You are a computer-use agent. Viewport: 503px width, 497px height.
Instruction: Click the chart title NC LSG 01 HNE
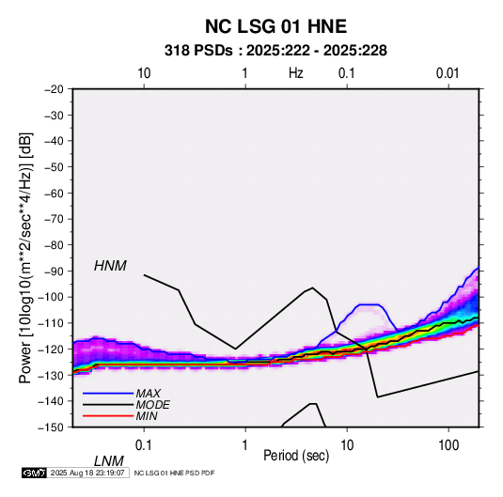275,26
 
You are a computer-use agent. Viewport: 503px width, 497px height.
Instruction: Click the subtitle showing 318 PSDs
275,51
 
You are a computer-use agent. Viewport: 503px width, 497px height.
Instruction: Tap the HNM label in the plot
110,266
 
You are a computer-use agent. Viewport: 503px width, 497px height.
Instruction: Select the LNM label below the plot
109,461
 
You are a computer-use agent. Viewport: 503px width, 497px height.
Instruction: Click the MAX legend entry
148,393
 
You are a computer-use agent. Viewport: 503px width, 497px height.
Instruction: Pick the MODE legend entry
152,405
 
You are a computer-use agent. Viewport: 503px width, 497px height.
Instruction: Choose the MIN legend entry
147,416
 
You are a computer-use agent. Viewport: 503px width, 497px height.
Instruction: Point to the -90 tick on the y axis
55,271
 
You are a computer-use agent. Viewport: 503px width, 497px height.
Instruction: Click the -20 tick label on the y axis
55,89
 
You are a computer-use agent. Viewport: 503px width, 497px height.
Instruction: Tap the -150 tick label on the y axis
51,427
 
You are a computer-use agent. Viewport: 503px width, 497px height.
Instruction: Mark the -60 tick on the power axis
55,193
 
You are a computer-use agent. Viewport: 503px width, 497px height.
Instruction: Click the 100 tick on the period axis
448,445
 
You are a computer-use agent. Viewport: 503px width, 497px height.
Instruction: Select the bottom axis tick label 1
245,445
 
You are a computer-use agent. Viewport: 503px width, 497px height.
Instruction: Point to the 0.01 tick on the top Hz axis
448,73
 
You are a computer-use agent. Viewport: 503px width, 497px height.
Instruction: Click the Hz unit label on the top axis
296,73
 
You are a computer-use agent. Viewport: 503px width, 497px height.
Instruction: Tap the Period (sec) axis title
296,456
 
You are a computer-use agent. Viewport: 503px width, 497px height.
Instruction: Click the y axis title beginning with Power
25,257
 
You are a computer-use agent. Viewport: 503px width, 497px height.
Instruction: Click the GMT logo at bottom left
34,473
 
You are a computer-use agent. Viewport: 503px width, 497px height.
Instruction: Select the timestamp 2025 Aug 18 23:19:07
87,473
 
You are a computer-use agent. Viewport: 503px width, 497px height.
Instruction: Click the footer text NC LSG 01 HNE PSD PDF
174,473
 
